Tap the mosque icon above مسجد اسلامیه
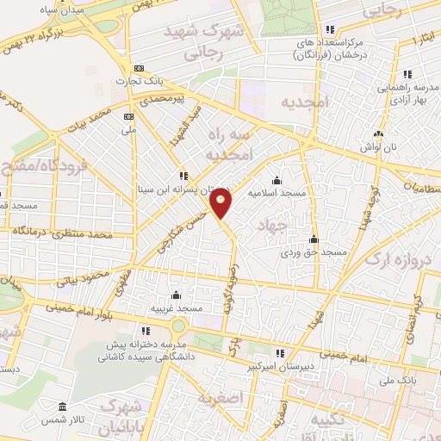[x=276, y=181]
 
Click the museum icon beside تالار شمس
[x=60, y=407]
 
